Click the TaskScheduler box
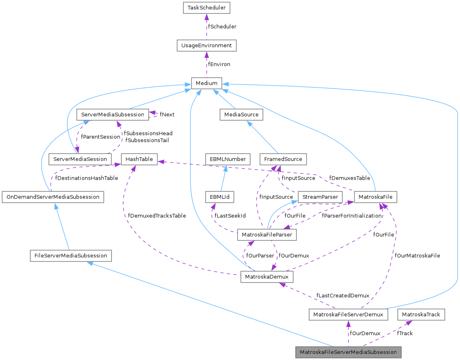pos(207,7)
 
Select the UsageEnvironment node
pos(207,45)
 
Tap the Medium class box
pos(207,83)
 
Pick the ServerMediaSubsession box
pos(112,114)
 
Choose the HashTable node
pos(139,159)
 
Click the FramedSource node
pos(283,159)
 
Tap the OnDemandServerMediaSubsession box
pos(53,197)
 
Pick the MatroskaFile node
pos(375,197)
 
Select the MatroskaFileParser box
pos(267,235)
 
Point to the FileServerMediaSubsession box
pos(70,256)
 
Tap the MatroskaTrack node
pos(421,314)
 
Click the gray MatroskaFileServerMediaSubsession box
pos(348,352)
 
